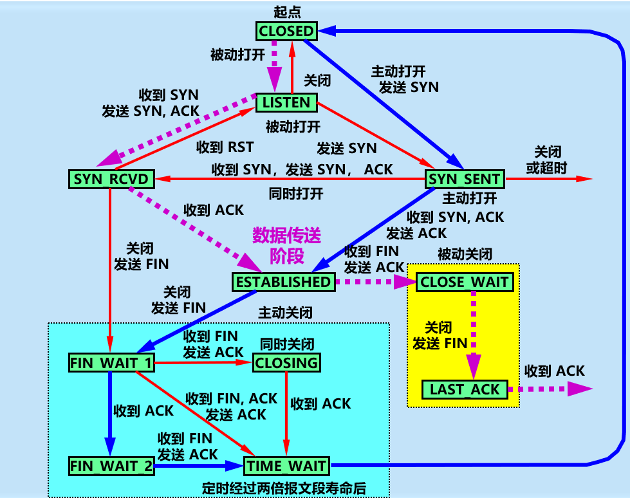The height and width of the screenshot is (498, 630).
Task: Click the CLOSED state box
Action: click(x=286, y=30)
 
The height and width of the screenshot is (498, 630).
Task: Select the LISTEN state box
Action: click(x=286, y=102)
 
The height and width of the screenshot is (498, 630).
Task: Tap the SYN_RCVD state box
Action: click(x=111, y=179)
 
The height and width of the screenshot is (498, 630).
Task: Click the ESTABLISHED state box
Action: click(x=283, y=282)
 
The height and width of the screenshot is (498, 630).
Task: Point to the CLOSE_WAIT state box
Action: click(x=465, y=282)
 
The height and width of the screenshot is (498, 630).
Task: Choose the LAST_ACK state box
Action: click(x=465, y=389)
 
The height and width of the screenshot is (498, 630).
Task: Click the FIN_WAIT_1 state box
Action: click(x=111, y=362)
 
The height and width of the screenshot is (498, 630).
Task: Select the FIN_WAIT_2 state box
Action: click(x=111, y=466)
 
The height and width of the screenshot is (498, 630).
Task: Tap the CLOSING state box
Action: click(x=287, y=362)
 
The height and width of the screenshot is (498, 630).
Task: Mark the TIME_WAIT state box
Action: click(x=287, y=466)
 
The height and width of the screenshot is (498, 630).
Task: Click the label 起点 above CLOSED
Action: click(x=286, y=12)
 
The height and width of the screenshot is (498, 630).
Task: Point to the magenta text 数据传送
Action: click(x=286, y=235)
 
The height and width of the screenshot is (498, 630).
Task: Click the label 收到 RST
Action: click(x=225, y=147)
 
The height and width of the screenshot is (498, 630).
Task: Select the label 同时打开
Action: click(x=296, y=194)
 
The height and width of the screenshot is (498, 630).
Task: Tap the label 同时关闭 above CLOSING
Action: click(x=287, y=344)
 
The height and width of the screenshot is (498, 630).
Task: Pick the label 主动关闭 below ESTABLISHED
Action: click(x=286, y=313)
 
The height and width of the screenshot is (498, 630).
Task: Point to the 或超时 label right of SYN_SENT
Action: click(x=548, y=168)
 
